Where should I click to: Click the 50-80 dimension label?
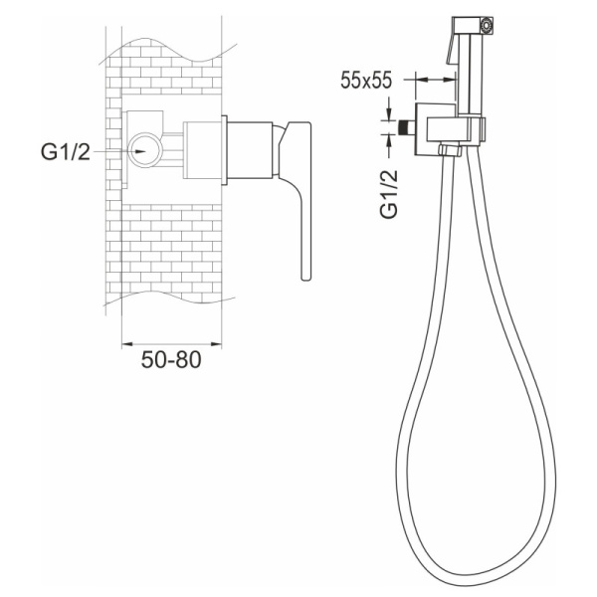[171, 359]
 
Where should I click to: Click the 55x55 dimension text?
[366, 81]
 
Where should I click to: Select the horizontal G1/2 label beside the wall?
[66, 151]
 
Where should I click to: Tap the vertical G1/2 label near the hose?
[389, 194]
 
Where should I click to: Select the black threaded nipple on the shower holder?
[407, 127]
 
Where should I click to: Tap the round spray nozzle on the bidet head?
[487, 26]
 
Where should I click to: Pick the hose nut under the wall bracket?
[450, 150]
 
